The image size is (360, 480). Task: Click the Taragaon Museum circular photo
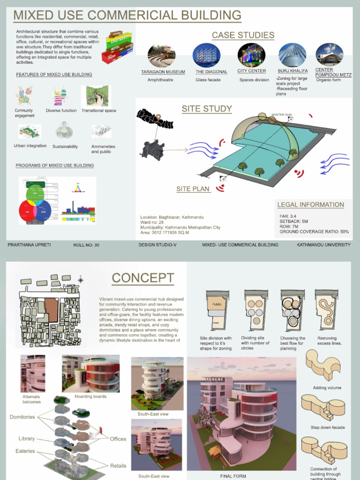click(x=161, y=56)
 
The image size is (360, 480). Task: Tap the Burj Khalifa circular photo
click(x=292, y=55)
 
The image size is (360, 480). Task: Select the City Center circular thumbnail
click(x=251, y=55)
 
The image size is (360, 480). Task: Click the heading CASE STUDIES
click(x=243, y=35)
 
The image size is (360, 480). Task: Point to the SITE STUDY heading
click(x=207, y=109)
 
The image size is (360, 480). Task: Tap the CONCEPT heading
click(x=142, y=278)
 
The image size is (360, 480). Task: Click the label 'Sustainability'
click(x=65, y=146)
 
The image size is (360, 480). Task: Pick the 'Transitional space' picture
click(x=98, y=96)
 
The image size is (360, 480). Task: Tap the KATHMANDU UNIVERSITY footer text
click(x=323, y=245)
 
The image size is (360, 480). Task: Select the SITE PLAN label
click(x=193, y=189)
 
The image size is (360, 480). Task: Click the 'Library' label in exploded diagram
click(x=26, y=439)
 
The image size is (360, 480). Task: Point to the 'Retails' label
click(x=118, y=465)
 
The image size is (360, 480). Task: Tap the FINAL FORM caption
click(x=233, y=476)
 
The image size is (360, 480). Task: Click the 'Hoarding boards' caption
click(x=90, y=397)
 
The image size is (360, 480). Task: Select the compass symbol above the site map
click(x=81, y=280)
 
